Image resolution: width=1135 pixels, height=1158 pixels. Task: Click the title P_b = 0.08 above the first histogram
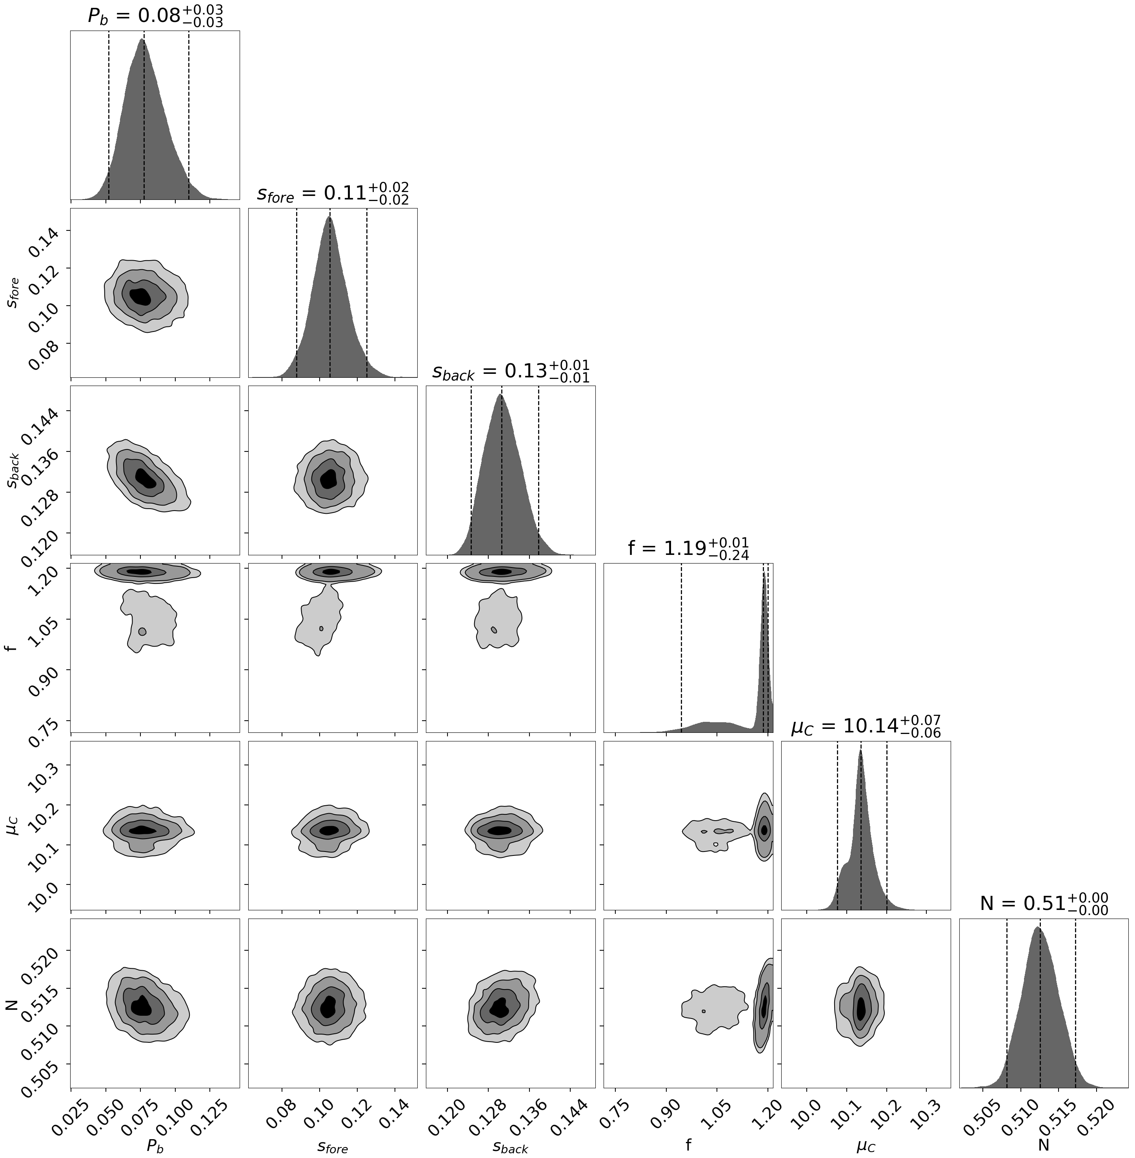155,16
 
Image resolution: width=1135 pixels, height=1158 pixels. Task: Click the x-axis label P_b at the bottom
155,1145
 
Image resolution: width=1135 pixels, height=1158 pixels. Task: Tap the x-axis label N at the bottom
1043,1145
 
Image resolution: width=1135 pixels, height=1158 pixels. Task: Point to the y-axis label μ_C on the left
13,826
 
